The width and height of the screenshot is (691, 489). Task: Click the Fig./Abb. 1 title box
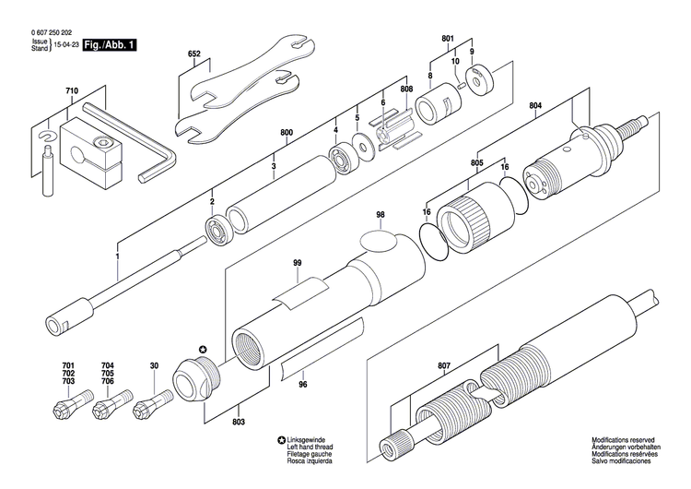click(x=108, y=44)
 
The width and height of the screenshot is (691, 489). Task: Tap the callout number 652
click(x=193, y=55)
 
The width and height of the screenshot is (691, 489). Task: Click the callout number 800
click(x=287, y=134)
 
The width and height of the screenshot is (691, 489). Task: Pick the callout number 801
click(x=448, y=38)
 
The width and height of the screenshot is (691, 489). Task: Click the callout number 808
click(x=406, y=89)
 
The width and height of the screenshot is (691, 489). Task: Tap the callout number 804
click(x=535, y=106)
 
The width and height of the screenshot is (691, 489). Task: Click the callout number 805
click(x=476, y=163)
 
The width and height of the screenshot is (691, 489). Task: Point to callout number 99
click(x=298, y=263)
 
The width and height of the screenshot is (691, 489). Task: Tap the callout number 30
click(x=154, y=365)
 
